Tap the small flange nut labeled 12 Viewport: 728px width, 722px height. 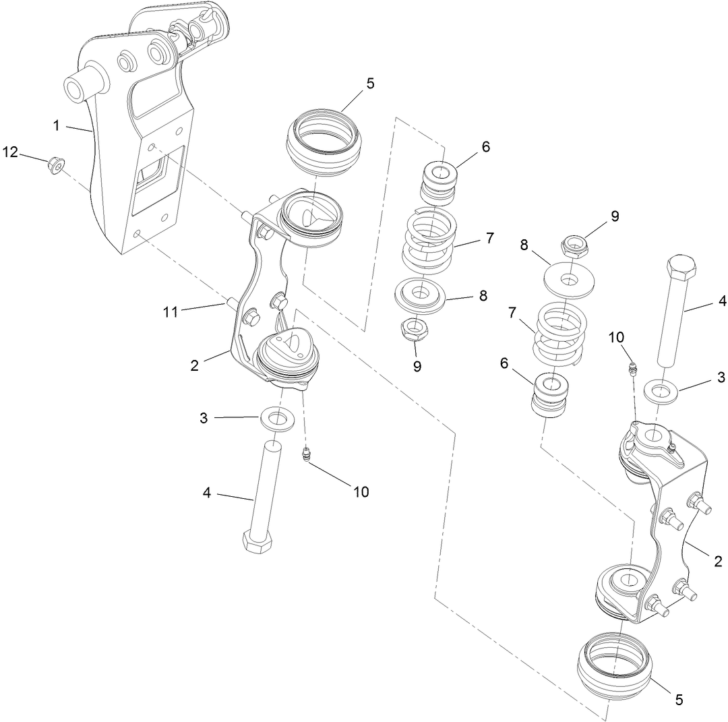tap(53, 164)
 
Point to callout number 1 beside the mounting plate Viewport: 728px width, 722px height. tap(58, 125)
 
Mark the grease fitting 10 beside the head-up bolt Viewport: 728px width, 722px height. tap(632, 368)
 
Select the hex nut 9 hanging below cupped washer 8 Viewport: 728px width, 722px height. tap(415, 329)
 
